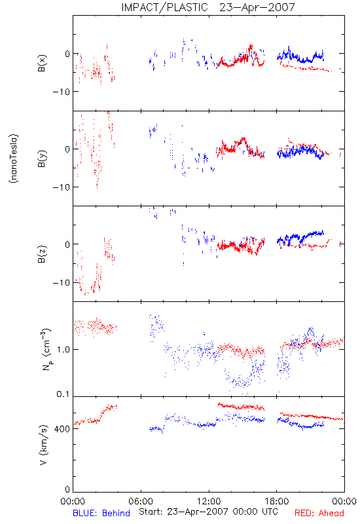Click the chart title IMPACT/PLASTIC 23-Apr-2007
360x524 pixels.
coord(208,7)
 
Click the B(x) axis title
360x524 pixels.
coord(42,63)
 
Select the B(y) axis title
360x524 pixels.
coord(42,159)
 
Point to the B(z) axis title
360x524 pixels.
coord(42,254)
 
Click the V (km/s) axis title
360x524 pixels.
coord(43,445)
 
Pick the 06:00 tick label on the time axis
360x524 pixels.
coord(141,501)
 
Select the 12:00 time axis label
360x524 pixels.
coord(209,501)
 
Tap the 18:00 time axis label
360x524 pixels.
coord(277,501)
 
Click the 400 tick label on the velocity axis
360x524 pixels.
coord(62,429)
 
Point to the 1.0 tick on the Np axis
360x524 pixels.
coord(63,350)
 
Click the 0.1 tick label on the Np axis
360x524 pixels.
coord(63,394)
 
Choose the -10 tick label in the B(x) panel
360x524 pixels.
coord(61,92)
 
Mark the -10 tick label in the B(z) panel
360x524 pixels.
coord(61,283)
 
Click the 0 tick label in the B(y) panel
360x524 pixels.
coord(67,149)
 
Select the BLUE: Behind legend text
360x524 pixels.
coord(101,513)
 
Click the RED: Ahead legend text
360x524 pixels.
coord(319,513)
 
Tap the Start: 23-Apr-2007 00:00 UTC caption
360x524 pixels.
coord(209,512)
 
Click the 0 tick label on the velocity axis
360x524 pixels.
coord(67,490)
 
